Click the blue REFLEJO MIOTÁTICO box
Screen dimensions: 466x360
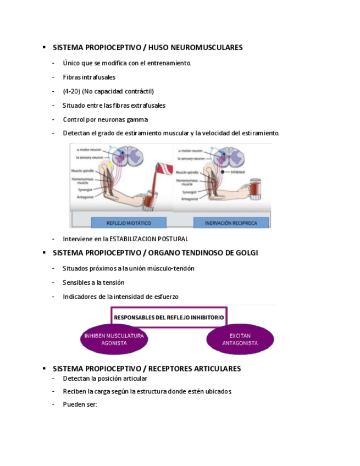coord(129,223)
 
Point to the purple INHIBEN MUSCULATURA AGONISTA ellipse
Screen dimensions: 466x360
coord(114,339)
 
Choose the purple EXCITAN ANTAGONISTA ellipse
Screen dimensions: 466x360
coord(240,339)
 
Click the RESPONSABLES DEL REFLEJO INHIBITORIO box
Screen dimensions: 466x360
coord(169,317)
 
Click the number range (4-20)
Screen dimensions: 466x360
coord(71,91)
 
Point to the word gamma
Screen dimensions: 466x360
coord(137,119)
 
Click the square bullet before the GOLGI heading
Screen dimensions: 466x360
coord(43,253)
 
